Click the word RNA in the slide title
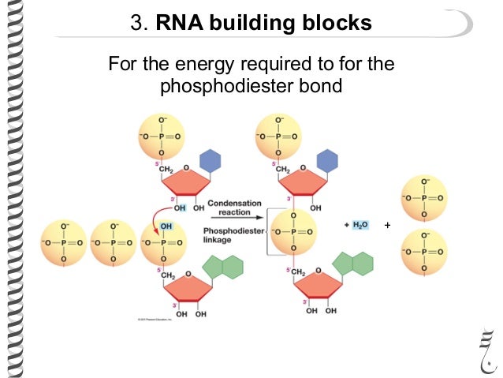coord(185,24)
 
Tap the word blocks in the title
coord(340,24)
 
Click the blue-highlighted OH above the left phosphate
coord(166,226)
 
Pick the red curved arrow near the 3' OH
coord(151,217)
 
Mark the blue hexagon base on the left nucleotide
coord(210,161)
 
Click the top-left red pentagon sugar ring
coord(186,186)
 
